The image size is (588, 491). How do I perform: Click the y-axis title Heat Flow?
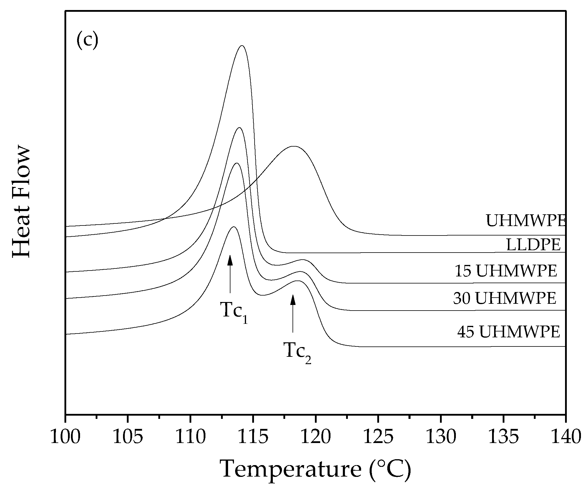tap(21, 202)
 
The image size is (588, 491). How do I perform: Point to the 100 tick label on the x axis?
tap(65, 437)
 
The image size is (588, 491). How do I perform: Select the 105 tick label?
tap(128, 437)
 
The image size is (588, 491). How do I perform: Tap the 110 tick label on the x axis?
tap(190, 437)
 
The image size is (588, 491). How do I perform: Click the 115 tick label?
tap(253, 437)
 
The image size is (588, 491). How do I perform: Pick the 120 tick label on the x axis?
tap(315, 437)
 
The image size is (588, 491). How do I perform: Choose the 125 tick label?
tap(378, 437)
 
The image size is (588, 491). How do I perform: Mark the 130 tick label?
tap(441, 437)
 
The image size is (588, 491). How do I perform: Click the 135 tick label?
tap(503, 437)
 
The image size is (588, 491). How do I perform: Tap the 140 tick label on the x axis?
tap(566, 437)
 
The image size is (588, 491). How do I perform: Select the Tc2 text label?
tap(297, 352)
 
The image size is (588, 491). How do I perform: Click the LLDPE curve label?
tap(533, 245)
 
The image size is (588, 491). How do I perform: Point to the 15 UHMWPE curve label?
tap(506, 271)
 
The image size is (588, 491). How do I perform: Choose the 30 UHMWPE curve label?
tap(504, 298)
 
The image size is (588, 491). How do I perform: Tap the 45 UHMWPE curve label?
tap(508, 332)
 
